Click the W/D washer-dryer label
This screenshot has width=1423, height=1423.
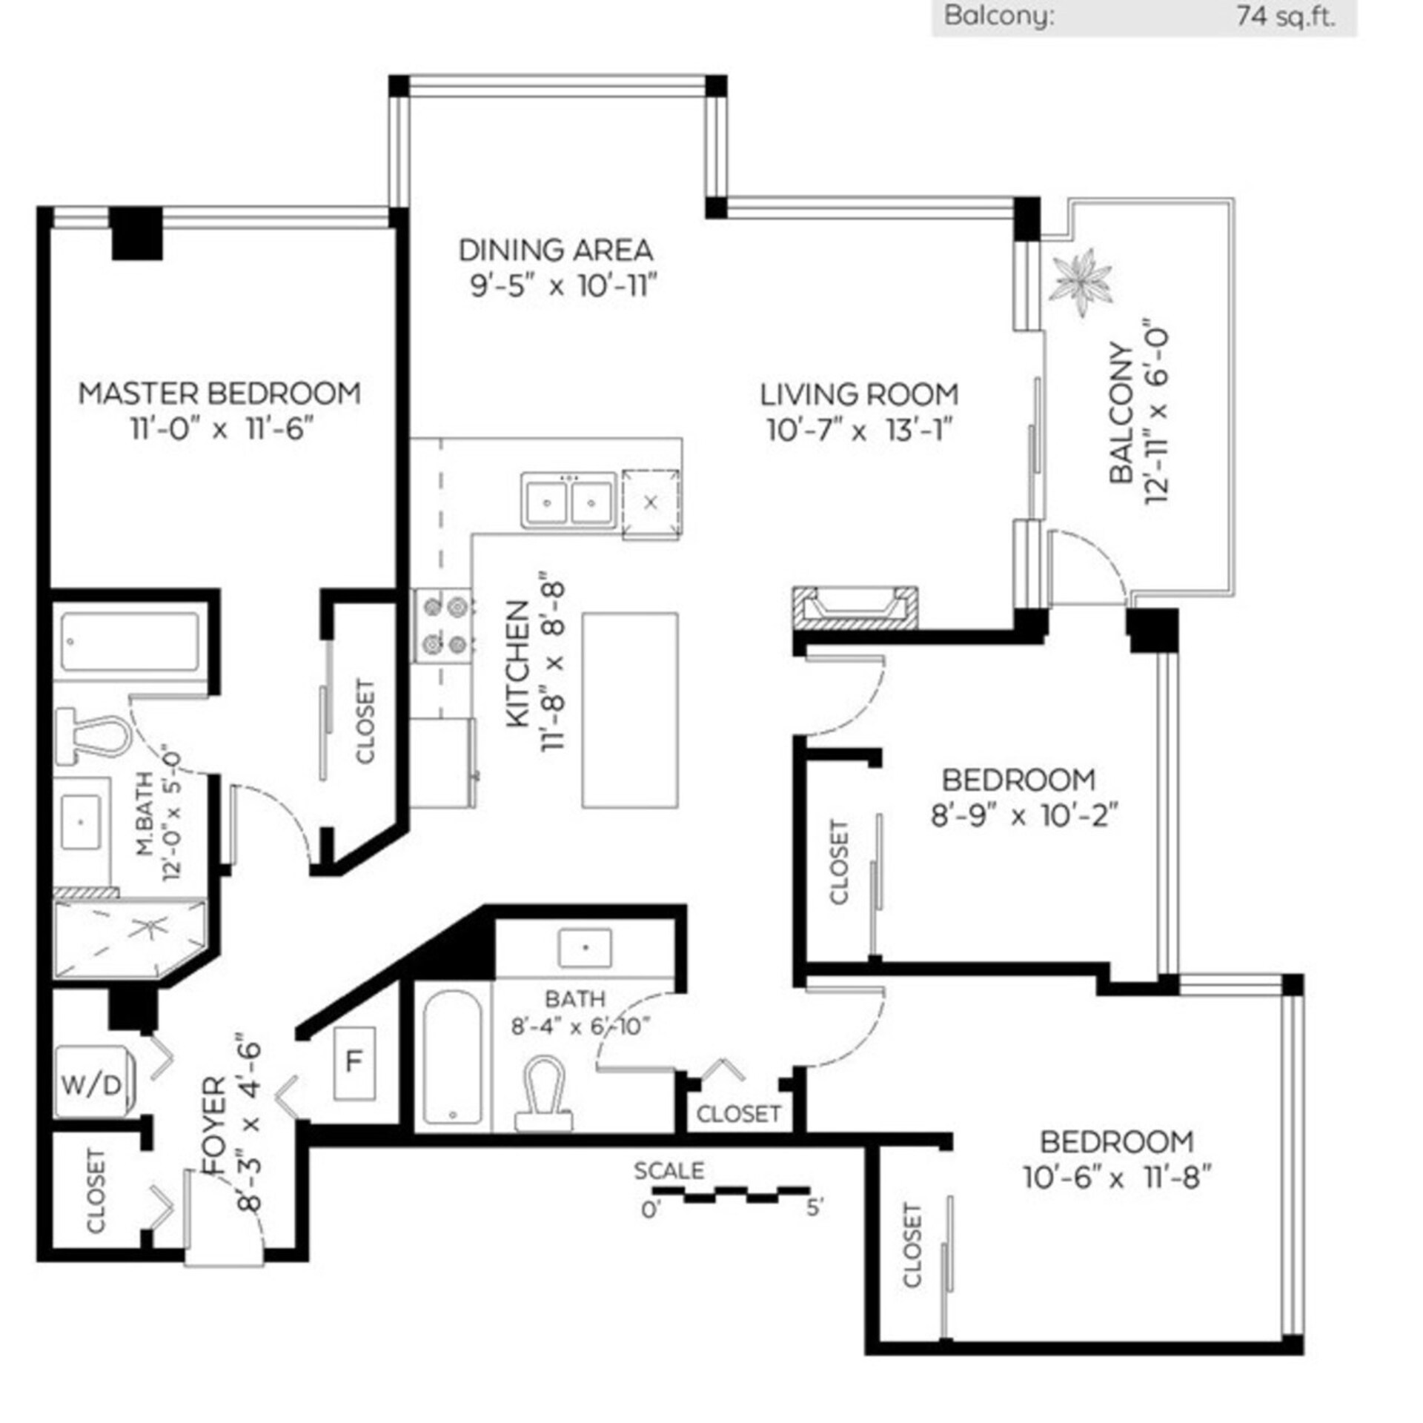tap(90, 1087)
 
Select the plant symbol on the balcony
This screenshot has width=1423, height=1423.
tap(1081, 282)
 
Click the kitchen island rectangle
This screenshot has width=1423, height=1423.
tap(630, 710)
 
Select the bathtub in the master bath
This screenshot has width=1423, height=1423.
tap(130, 642)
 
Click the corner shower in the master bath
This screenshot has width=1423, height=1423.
tap(130, 938)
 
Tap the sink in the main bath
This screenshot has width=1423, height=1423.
tap(585, 948)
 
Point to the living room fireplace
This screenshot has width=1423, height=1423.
tap(855, 608)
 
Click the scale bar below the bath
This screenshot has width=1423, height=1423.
tap(731, 1193)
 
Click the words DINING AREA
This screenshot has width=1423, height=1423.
tap(556, 251)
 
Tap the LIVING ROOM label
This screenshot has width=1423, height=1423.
tap(860, 394)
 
